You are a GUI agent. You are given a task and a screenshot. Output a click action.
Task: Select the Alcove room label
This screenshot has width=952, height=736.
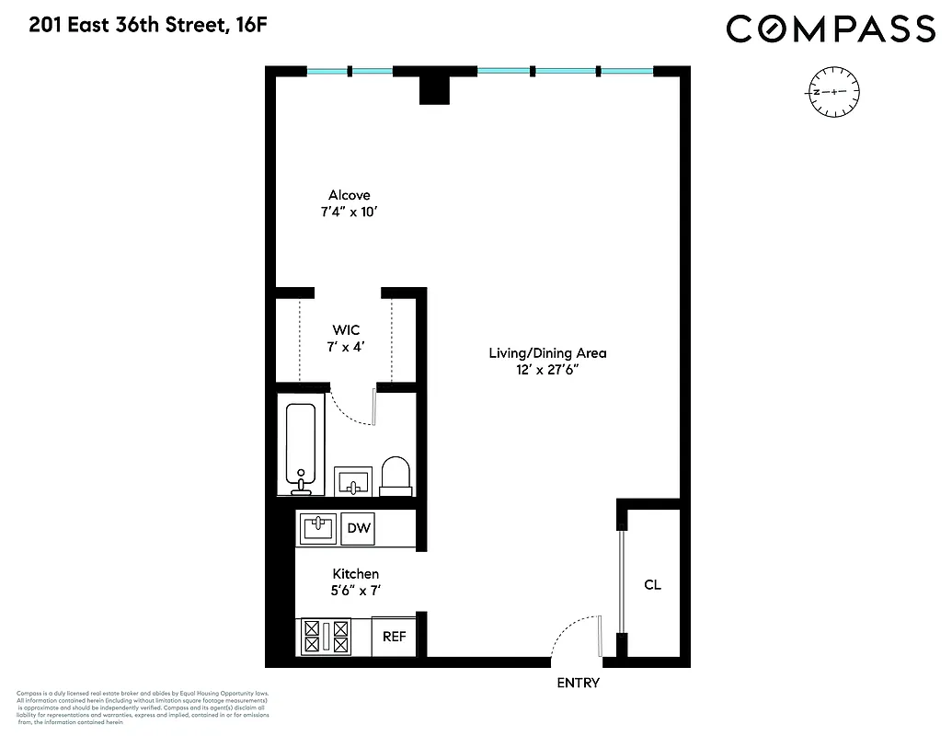click(x=350, y=195)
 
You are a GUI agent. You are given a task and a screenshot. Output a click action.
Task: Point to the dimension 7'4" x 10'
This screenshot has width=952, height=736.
click(x=350, y=213)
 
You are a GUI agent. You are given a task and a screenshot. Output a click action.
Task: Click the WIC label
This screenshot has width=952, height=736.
click(x=346, y=329)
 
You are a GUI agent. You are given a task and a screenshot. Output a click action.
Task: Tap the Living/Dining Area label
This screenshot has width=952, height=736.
click(x=547, y=352)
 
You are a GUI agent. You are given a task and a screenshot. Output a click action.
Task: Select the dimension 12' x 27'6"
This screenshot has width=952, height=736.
click(x=547, y=370)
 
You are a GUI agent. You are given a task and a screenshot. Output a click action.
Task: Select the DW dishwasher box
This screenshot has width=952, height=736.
click(x=359, y=528)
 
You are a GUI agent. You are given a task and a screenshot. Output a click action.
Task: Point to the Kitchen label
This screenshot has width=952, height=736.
click(x=356, y=573)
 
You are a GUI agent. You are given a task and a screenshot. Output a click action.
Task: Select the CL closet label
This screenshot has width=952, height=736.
click(x=652, y=584)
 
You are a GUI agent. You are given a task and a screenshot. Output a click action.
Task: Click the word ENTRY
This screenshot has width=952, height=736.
click(x=579, y=683)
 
